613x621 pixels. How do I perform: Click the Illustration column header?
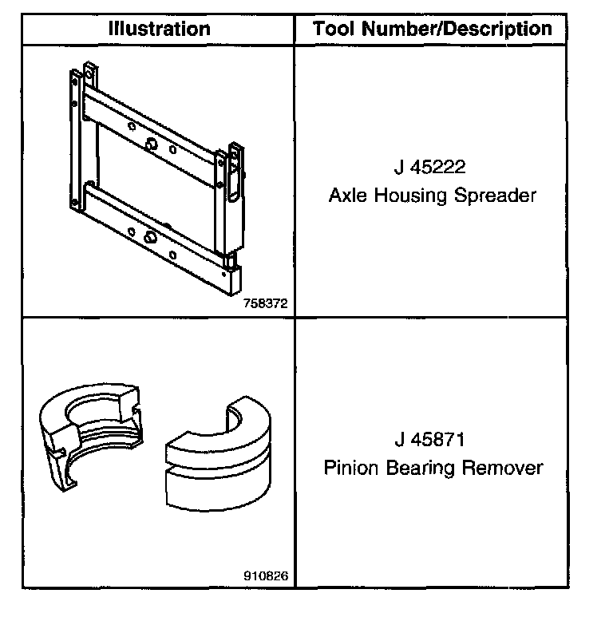click(159, 30)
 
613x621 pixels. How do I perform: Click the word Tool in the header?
click(334, 30)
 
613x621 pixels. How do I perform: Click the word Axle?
click(346, 196)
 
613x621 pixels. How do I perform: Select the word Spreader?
click(495, 196)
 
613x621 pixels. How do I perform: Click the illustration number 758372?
click(267, 304)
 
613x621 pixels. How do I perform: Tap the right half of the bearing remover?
click(216, 463)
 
